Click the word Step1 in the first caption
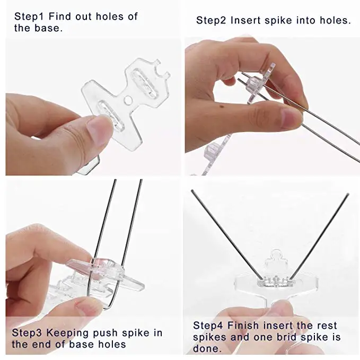pos(29,16)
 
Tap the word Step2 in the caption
pos(211,20)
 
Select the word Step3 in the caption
pos(27,333)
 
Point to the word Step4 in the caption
pos(208,326)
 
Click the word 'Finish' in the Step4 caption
pos(243,326)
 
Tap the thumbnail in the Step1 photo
pos(98,128)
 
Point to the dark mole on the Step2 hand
pos(221,106)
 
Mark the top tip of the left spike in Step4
pos(192,190)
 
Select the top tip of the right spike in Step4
pos(348,194)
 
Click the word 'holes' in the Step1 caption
pos(110,16)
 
